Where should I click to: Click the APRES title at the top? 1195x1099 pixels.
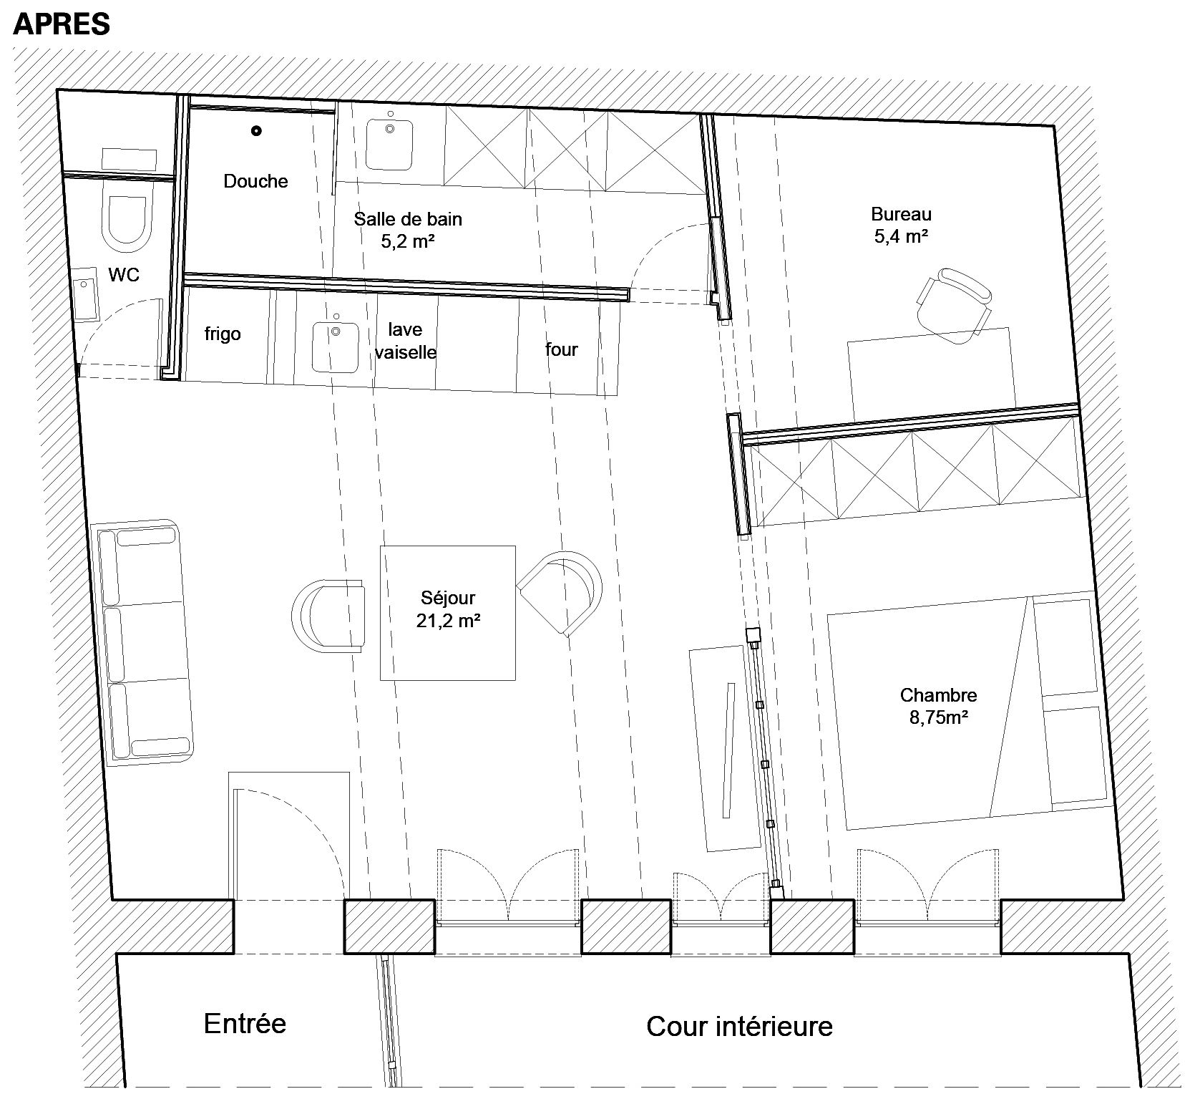pyautogui.click(x=62, y=24)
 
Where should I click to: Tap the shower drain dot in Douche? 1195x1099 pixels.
pyautogui.click(x=256, y=131)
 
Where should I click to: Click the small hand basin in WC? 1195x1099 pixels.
pyautogui.click(x=87, y=299)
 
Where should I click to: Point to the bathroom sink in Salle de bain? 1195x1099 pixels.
pyautogui.click(x=390, y=144)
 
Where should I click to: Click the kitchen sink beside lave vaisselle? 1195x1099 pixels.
pyautogui.click(x=336, y=347)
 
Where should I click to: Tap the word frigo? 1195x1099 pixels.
pyautogui.click(x=223, y=334)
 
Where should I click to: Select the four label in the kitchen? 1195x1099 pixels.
pyautogui.click(x=561, y=349)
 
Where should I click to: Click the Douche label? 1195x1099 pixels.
pyautogui.click(x=255, y=181)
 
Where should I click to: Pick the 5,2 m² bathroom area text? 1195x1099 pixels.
pyautogui.click(x=408, y=241)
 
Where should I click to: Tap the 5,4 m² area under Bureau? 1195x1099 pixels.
pyautogui.click(x=901, y=236)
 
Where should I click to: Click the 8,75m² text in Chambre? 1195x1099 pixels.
pyautogui.click(x=939, y=717)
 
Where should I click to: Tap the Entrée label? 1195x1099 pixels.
pyautogui.click(x=245, y=1023)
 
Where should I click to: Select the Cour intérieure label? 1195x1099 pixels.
pyautogui.click(x=739, y=1026)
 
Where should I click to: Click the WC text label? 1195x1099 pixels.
pyautogui.click(x=124, y=274)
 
